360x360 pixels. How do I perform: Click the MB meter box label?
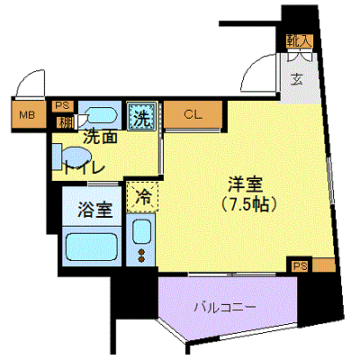click(27, 115)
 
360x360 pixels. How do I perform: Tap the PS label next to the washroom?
click(62, 105)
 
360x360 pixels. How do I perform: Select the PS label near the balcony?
click(301, 265)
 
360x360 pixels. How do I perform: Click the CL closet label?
click(193, 114)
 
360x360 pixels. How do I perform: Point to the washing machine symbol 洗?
click(141, 116)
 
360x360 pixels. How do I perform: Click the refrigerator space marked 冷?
click(142, 196)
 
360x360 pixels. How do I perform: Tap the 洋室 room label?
click(246, 184)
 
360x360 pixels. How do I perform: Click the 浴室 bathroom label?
click(95, 210)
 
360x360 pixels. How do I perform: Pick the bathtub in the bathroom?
click(91, 246)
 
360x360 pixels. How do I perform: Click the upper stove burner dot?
click(142, 252)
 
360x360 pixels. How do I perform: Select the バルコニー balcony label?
click(225, 308)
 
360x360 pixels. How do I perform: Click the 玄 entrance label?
click(297, 80)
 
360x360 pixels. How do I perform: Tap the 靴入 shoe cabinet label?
click(299, 40)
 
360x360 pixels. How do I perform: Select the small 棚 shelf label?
click(65, 121)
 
